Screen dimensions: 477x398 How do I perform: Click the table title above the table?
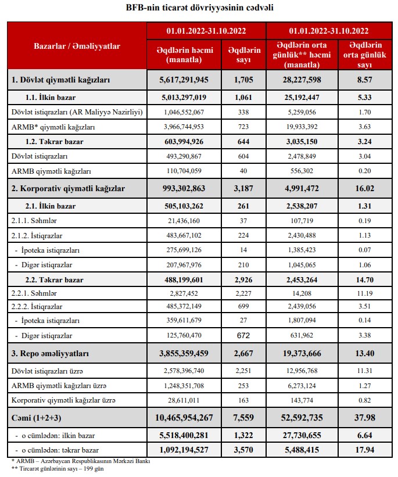pos(200,8)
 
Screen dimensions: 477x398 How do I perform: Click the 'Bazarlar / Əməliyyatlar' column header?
pos(77,46)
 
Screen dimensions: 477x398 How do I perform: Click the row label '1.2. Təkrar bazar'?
pos(55,141)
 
